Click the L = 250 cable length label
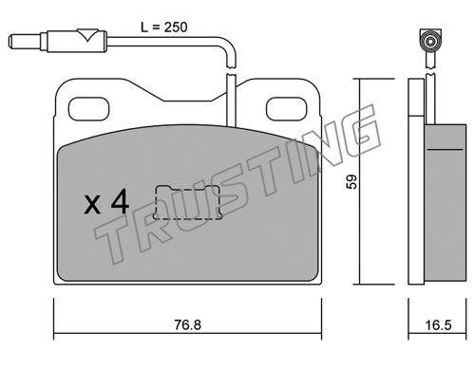point(164,28)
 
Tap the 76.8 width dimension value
point(188,325)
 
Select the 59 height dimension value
point(351,182)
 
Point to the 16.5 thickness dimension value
point(438,325)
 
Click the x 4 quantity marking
point(106,201)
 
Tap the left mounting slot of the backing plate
point(89,109)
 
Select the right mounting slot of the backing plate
point(287,109)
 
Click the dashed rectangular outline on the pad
point(188,202)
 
